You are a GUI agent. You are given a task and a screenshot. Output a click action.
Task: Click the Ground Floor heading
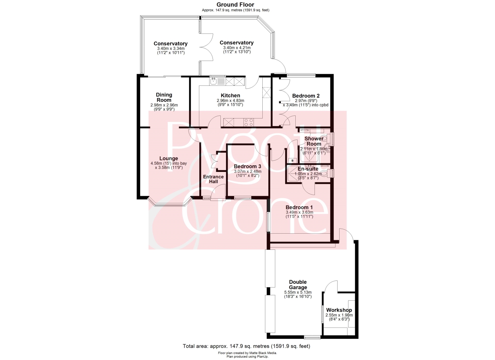click(235, 5)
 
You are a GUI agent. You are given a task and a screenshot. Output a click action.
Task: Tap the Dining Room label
click(164, 97)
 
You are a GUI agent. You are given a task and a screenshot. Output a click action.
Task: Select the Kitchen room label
click(230, 95)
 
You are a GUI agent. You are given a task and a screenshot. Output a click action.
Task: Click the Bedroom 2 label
click(306, 96)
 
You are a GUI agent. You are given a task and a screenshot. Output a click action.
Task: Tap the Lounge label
click(169, 158)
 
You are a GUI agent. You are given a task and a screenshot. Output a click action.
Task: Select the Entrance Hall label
click(213, 179)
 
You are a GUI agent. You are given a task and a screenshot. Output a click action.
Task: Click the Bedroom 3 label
click(247, 166)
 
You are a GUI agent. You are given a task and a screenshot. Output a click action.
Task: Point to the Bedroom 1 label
click(299, 207)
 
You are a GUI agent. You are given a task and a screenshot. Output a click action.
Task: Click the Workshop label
click(339, 310)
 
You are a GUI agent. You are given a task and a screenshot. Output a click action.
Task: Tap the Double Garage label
click(298, 285)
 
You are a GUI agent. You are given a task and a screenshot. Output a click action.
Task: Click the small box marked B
click(292, 160)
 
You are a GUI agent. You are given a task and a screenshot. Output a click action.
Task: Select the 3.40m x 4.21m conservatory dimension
click(237, 48)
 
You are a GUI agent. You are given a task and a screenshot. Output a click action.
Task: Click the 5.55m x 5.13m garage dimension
click(298, 292)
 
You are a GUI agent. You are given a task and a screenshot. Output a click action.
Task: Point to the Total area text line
click(247, 346)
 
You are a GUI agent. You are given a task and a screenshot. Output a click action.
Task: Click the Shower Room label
click(314, 141)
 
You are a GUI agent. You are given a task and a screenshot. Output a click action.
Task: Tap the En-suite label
click(308, 169)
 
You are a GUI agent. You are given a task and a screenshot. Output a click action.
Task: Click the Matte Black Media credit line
click(247, 353)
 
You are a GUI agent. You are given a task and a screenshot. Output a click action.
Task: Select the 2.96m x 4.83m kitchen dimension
click(230, 101)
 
